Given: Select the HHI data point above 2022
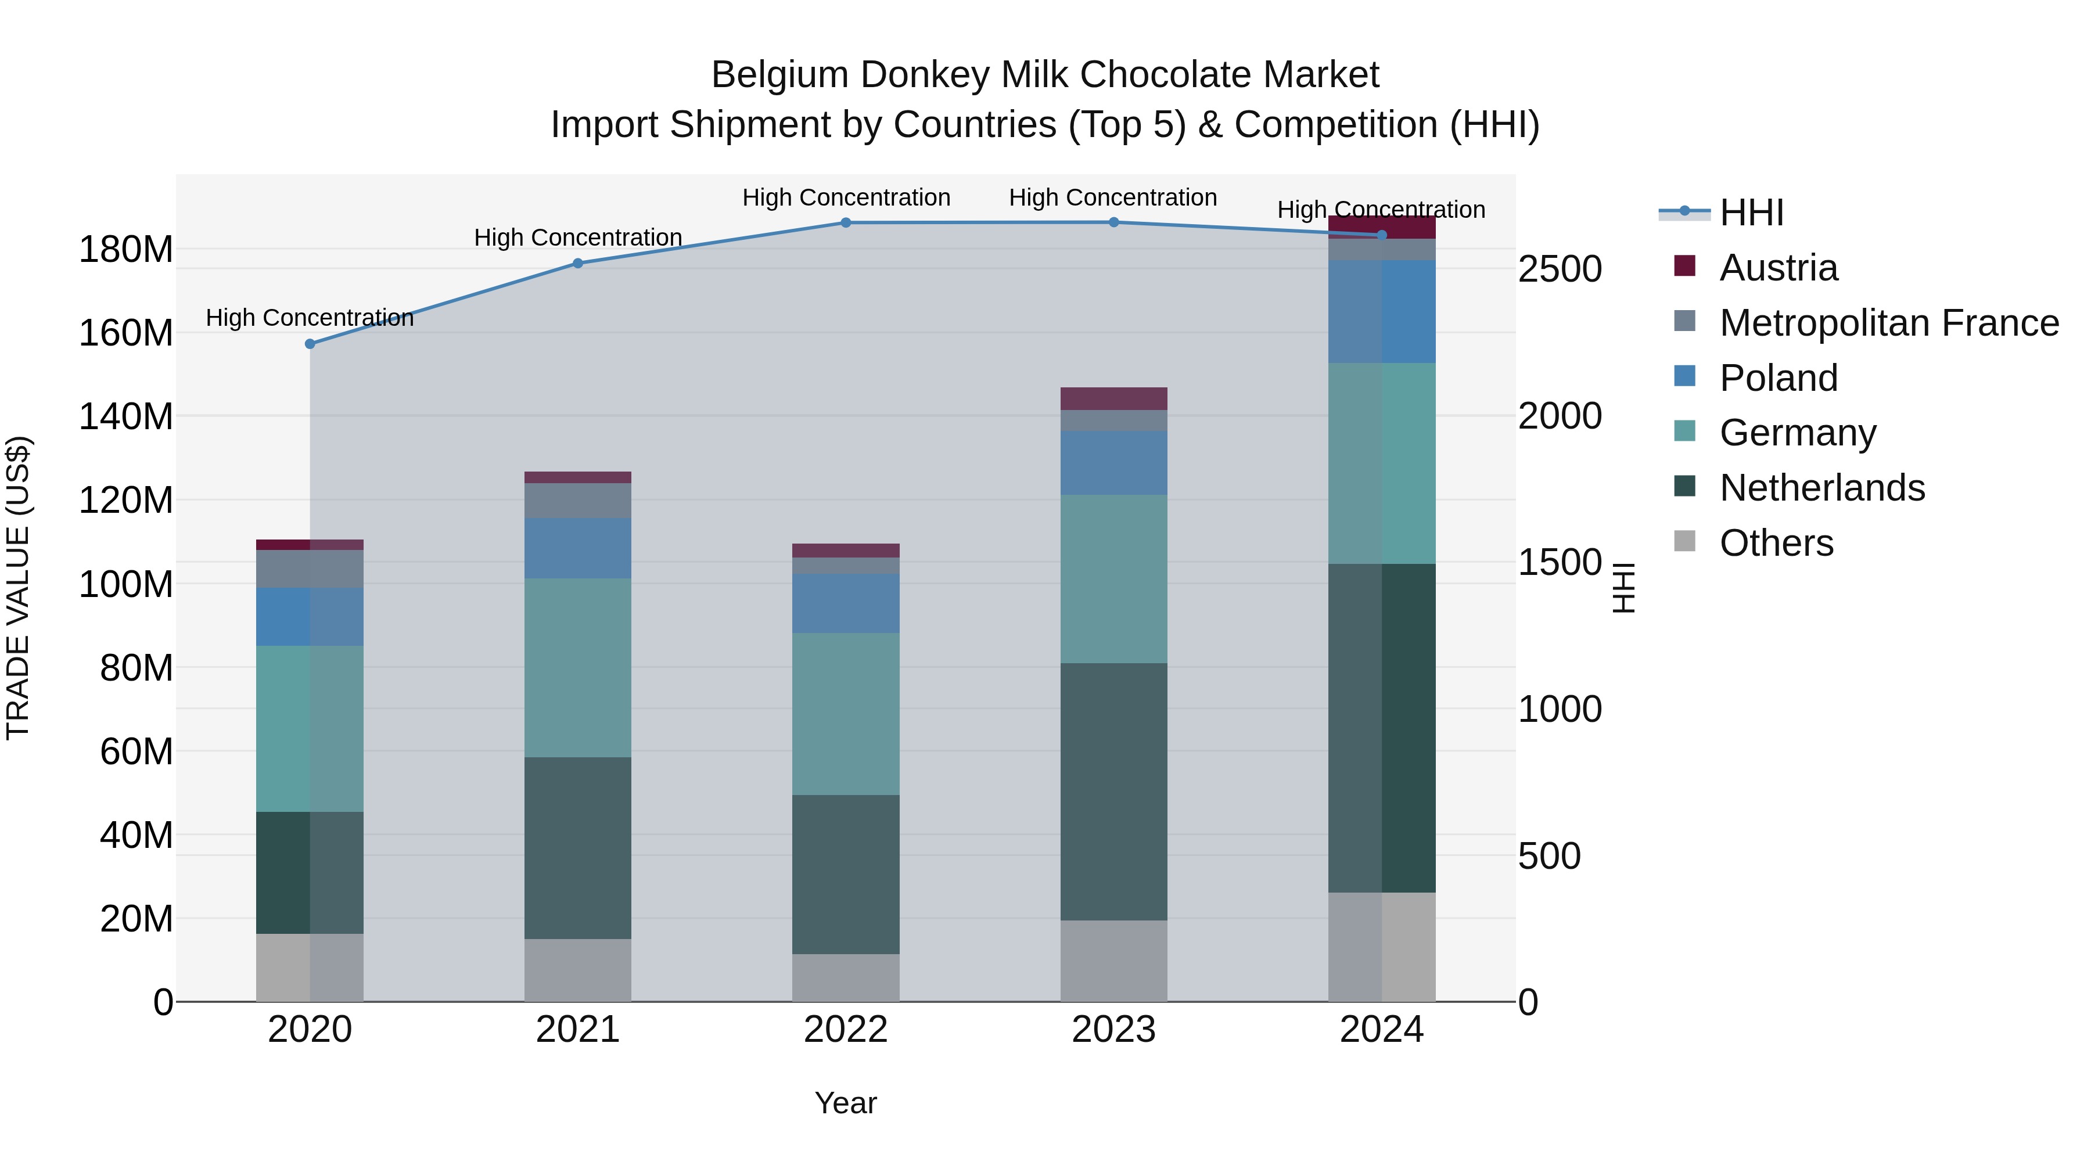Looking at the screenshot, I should (x=846, y=222).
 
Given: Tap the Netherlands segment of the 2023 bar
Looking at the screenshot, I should (x=1113, y=792).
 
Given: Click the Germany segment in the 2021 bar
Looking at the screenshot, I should (x=577, y=667).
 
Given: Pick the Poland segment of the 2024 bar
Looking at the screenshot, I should (x=1382, y=312).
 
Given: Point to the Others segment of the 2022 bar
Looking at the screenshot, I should (x=846, y=977).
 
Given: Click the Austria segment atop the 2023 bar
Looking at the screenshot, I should (x=1113, y=398).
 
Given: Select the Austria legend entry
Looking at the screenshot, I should (x=1778, y=268).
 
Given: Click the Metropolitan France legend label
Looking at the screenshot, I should (x=1889, y=323).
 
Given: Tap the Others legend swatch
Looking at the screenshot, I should (x=1684, y=541).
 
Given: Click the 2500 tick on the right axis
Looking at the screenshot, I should (x=1560, y=269).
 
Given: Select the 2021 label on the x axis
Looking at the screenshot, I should (x=577, y=1030).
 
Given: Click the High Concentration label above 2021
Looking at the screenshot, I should (x=577, y=238).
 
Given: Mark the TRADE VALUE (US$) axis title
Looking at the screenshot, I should (x=18, y=588).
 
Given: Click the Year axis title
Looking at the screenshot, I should (x=845, y=1103).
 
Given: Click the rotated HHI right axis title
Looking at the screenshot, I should (x=1623, y=588).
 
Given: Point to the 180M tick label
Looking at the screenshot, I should (x=126, y=249).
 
